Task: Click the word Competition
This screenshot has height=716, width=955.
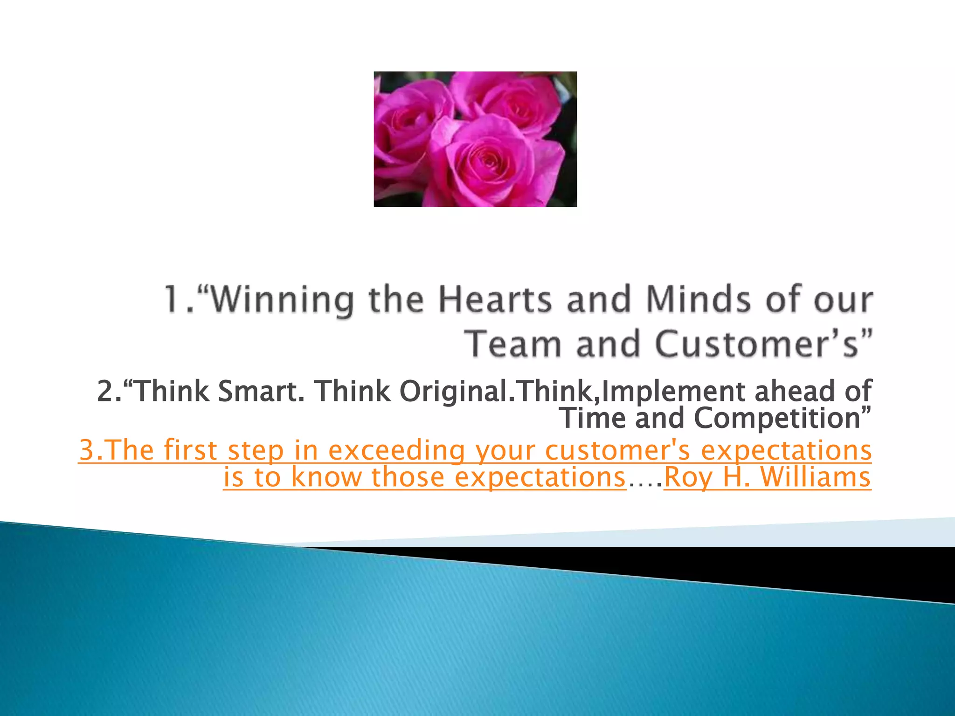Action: click(777, 418)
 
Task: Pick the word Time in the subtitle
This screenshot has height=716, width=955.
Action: click(592, 418)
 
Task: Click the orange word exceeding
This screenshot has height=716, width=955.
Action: click(396, 450)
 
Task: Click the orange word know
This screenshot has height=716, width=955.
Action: click(326, 477)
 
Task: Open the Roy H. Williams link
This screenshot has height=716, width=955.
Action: click(767, 477)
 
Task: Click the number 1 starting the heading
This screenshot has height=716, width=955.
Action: click(174, 300)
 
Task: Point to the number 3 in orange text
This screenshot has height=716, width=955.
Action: click(87, 450)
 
